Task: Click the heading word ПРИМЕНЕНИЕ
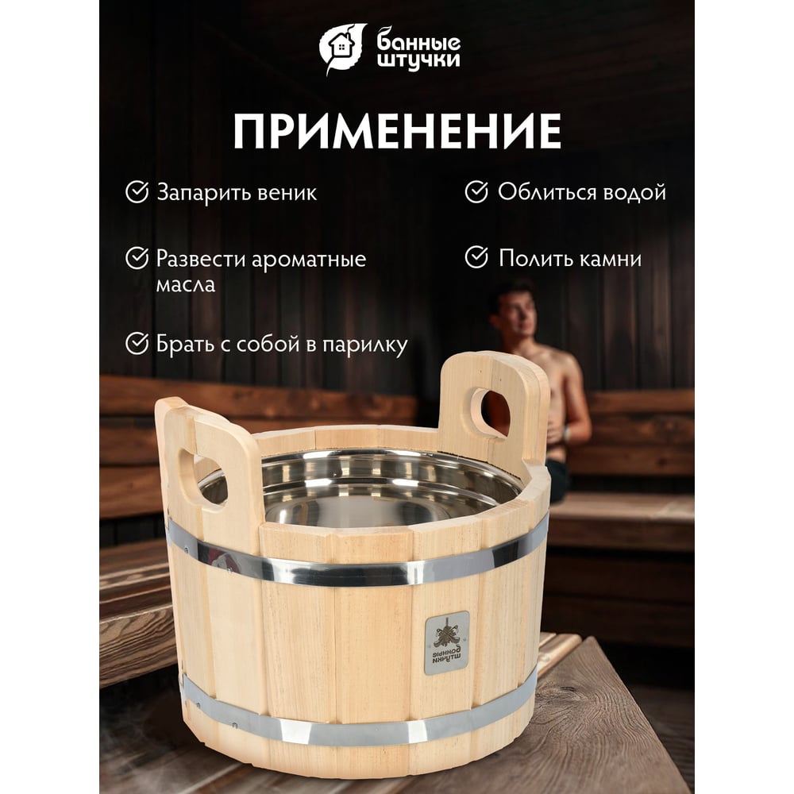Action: pos(397,131)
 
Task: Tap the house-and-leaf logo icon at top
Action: pos(341,48)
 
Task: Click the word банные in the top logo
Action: pos(418,41)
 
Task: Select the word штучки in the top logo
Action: pos(419,60)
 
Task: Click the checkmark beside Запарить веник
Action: pos(137,192)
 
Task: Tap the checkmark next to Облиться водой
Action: pos(476,192)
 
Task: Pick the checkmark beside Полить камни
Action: pos(476,257)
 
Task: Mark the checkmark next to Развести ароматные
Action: pos(137,258)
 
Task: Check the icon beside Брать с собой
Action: pos(137,343)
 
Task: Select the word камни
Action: pos(610,259)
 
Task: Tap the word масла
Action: pos(185,284)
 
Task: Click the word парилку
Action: pos(365,345)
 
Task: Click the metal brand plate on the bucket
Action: pos(446,642)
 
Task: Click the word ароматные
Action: pos(308,260)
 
